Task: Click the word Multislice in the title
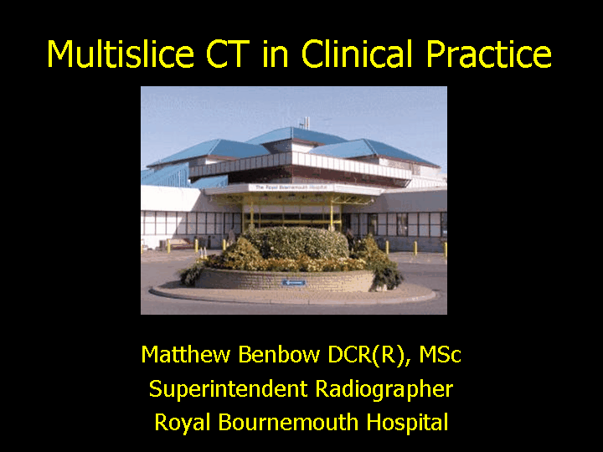(120, 53)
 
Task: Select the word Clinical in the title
(358, 53)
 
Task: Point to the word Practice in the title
(489, 53)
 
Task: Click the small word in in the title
(276, 54)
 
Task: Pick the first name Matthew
(185, 354)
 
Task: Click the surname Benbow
(279, 354)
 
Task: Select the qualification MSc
(440, 354)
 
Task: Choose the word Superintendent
(228, 389)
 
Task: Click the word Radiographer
(384, 389)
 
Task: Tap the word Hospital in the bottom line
(407, 423)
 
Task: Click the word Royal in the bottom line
(183, 423)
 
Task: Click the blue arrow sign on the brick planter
(294, 283)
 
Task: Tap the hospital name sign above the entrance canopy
(291, 187)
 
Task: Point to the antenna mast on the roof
(306, 123)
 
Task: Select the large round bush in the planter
(296, 243)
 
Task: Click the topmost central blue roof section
(296, 136)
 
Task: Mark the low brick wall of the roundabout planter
(284, 279)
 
